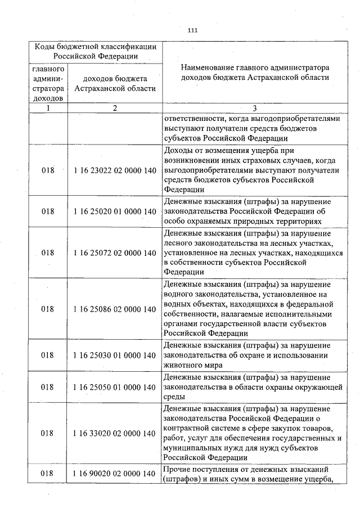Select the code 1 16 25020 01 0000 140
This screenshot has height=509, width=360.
click(115, 211)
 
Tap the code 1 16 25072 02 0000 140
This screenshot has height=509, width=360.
click(115, 253)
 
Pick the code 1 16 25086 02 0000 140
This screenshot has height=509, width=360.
click(115, 309)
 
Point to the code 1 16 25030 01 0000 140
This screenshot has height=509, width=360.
click(115, 355)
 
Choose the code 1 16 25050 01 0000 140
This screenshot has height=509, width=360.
click(115, 388)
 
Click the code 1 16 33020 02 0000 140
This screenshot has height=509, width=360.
click(115, 434)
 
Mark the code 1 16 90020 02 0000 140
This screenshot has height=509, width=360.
click(115, 474)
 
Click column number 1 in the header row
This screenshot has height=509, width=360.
click(48, 109)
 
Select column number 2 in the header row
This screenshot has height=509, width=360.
click(115, 109)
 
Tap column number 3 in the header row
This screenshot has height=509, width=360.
click(254, 109)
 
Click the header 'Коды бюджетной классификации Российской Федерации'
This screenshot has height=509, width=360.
click(95, 51)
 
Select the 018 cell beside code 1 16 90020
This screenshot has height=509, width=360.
click(48, 474)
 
